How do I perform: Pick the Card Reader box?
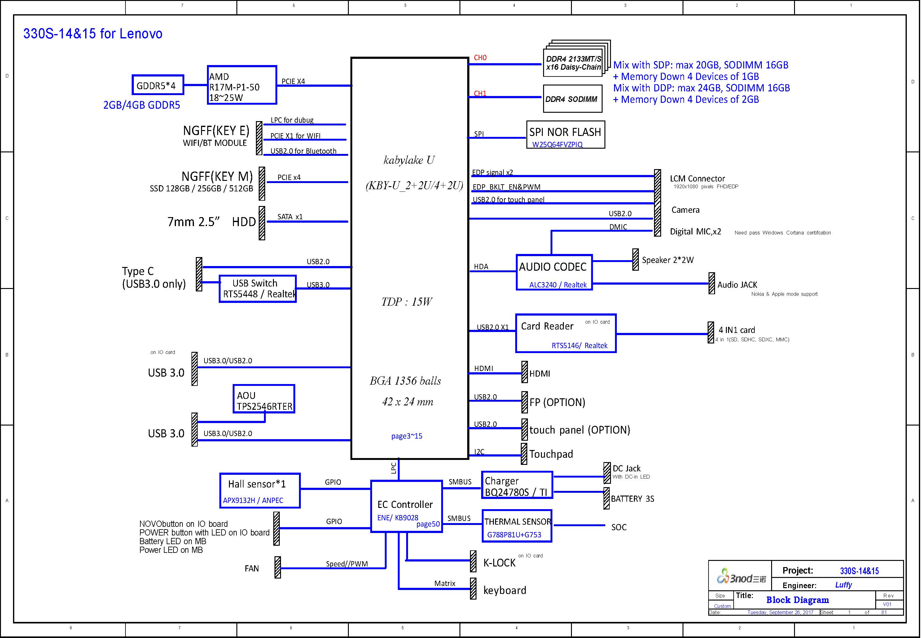point(565,333)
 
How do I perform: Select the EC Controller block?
point(406,506)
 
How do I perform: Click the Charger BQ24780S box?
point(517,485)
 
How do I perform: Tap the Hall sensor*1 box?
point(260,491)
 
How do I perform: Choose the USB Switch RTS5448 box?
point(257,289)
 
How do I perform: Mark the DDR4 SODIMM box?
point(572,99)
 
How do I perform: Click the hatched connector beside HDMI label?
point(524,372)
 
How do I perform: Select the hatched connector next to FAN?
point(278,567)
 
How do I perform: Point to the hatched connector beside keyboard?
point(473,588)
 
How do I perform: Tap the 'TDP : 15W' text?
point(406,302)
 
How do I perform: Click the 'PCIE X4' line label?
point(293,81)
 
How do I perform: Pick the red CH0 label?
point(480,58)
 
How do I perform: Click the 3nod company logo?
point(741,576)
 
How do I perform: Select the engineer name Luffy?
point(843,585)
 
